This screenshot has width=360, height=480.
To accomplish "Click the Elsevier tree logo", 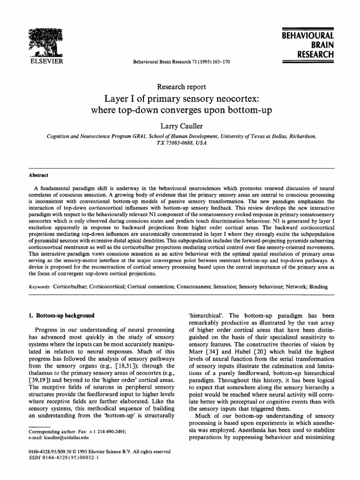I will coord(46,42).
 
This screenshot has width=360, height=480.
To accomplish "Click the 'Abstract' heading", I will coord(38,175).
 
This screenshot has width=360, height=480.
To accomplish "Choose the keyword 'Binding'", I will coord(317,286).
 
